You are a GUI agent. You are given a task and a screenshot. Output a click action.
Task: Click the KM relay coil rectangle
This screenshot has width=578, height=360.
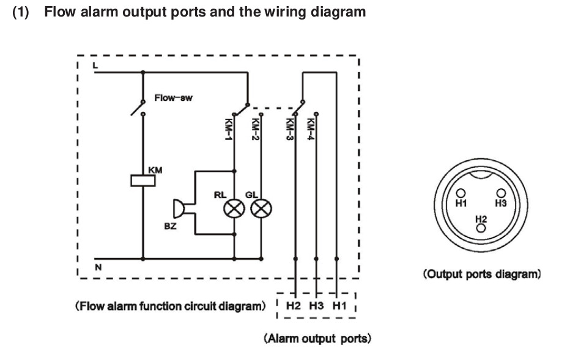[143, 180]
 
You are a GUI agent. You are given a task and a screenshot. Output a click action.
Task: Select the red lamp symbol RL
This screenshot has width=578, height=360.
[235, 209]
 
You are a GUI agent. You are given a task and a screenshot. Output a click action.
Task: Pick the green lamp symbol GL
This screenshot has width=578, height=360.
[261, 209]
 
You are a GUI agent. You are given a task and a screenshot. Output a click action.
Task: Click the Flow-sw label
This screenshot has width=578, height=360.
[173, 97]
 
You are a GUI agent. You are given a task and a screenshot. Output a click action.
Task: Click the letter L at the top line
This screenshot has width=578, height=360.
[95, 64]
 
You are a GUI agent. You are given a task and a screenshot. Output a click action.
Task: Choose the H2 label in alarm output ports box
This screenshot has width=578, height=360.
[293, 305]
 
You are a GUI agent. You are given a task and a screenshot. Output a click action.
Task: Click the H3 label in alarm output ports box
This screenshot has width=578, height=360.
[316, 305]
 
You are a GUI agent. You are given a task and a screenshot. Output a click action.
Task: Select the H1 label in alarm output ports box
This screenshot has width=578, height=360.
[338, 305]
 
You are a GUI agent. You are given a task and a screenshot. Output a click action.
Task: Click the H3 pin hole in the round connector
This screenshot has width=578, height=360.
[500, 194]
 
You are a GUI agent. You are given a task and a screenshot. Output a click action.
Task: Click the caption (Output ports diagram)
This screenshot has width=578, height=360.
[482, 274]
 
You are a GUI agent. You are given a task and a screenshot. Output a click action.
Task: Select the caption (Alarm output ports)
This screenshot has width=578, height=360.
[317, 338]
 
